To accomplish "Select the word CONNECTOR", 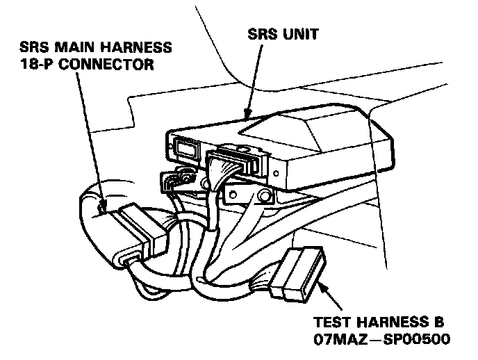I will [111, 65].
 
